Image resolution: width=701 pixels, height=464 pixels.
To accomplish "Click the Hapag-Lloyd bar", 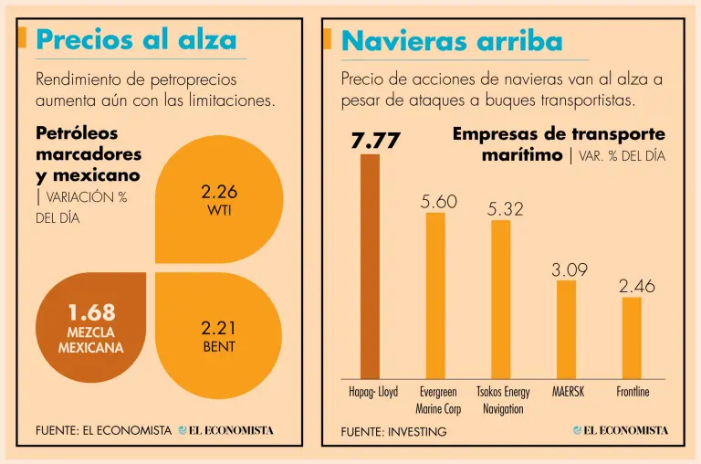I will click(x=370, y=266).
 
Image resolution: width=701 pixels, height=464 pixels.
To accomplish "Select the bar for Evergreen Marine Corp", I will click(x=435, y=295).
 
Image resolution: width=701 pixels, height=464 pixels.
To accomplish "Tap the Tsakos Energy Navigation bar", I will click(x=501, y=299).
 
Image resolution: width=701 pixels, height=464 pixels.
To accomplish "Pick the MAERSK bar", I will click(x=566, y=329).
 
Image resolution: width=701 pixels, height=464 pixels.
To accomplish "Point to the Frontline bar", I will click(x=632, y=337).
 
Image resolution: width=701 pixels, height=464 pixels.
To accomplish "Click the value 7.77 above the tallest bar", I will click(x=375, y=140).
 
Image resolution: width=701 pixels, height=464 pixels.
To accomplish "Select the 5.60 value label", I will click(x=438, y=201).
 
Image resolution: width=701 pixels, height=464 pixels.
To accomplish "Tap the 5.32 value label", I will click(x=505, y=209).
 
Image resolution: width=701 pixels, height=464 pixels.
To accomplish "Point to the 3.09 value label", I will click(x=569, y=269).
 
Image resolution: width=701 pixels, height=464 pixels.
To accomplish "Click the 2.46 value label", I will click(x=636, y=286).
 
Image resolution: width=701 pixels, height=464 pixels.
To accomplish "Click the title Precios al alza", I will click(x=136, y=40).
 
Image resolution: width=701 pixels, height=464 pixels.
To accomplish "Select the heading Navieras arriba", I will click(x=451, y=41).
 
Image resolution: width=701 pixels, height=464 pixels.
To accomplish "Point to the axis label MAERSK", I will click(x=568, y=392).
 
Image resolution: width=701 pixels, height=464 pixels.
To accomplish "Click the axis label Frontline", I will click(x=633, y=392).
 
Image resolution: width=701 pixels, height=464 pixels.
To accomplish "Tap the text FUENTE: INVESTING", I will click(x=393, y=431).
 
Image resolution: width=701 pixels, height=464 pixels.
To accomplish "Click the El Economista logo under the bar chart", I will click(x=621, y=430).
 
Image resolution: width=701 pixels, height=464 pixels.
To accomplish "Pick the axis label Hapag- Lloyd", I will click(x=374, y=392).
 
